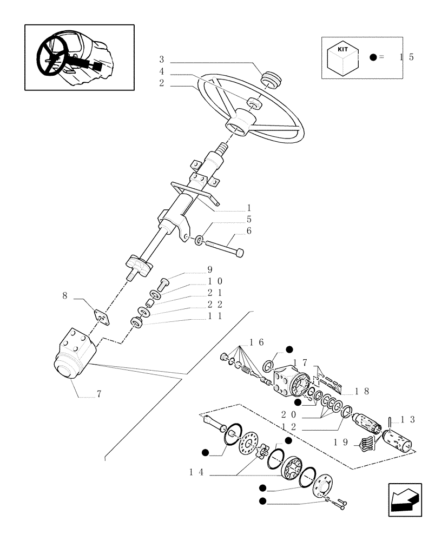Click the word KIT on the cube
(342, 49)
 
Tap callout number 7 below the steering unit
(99, 394)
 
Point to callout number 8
(65, 296)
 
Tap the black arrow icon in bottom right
(405, 499)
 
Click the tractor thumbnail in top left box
(79, 57)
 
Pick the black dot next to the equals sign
(373, 57)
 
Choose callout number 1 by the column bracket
(249, 208)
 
